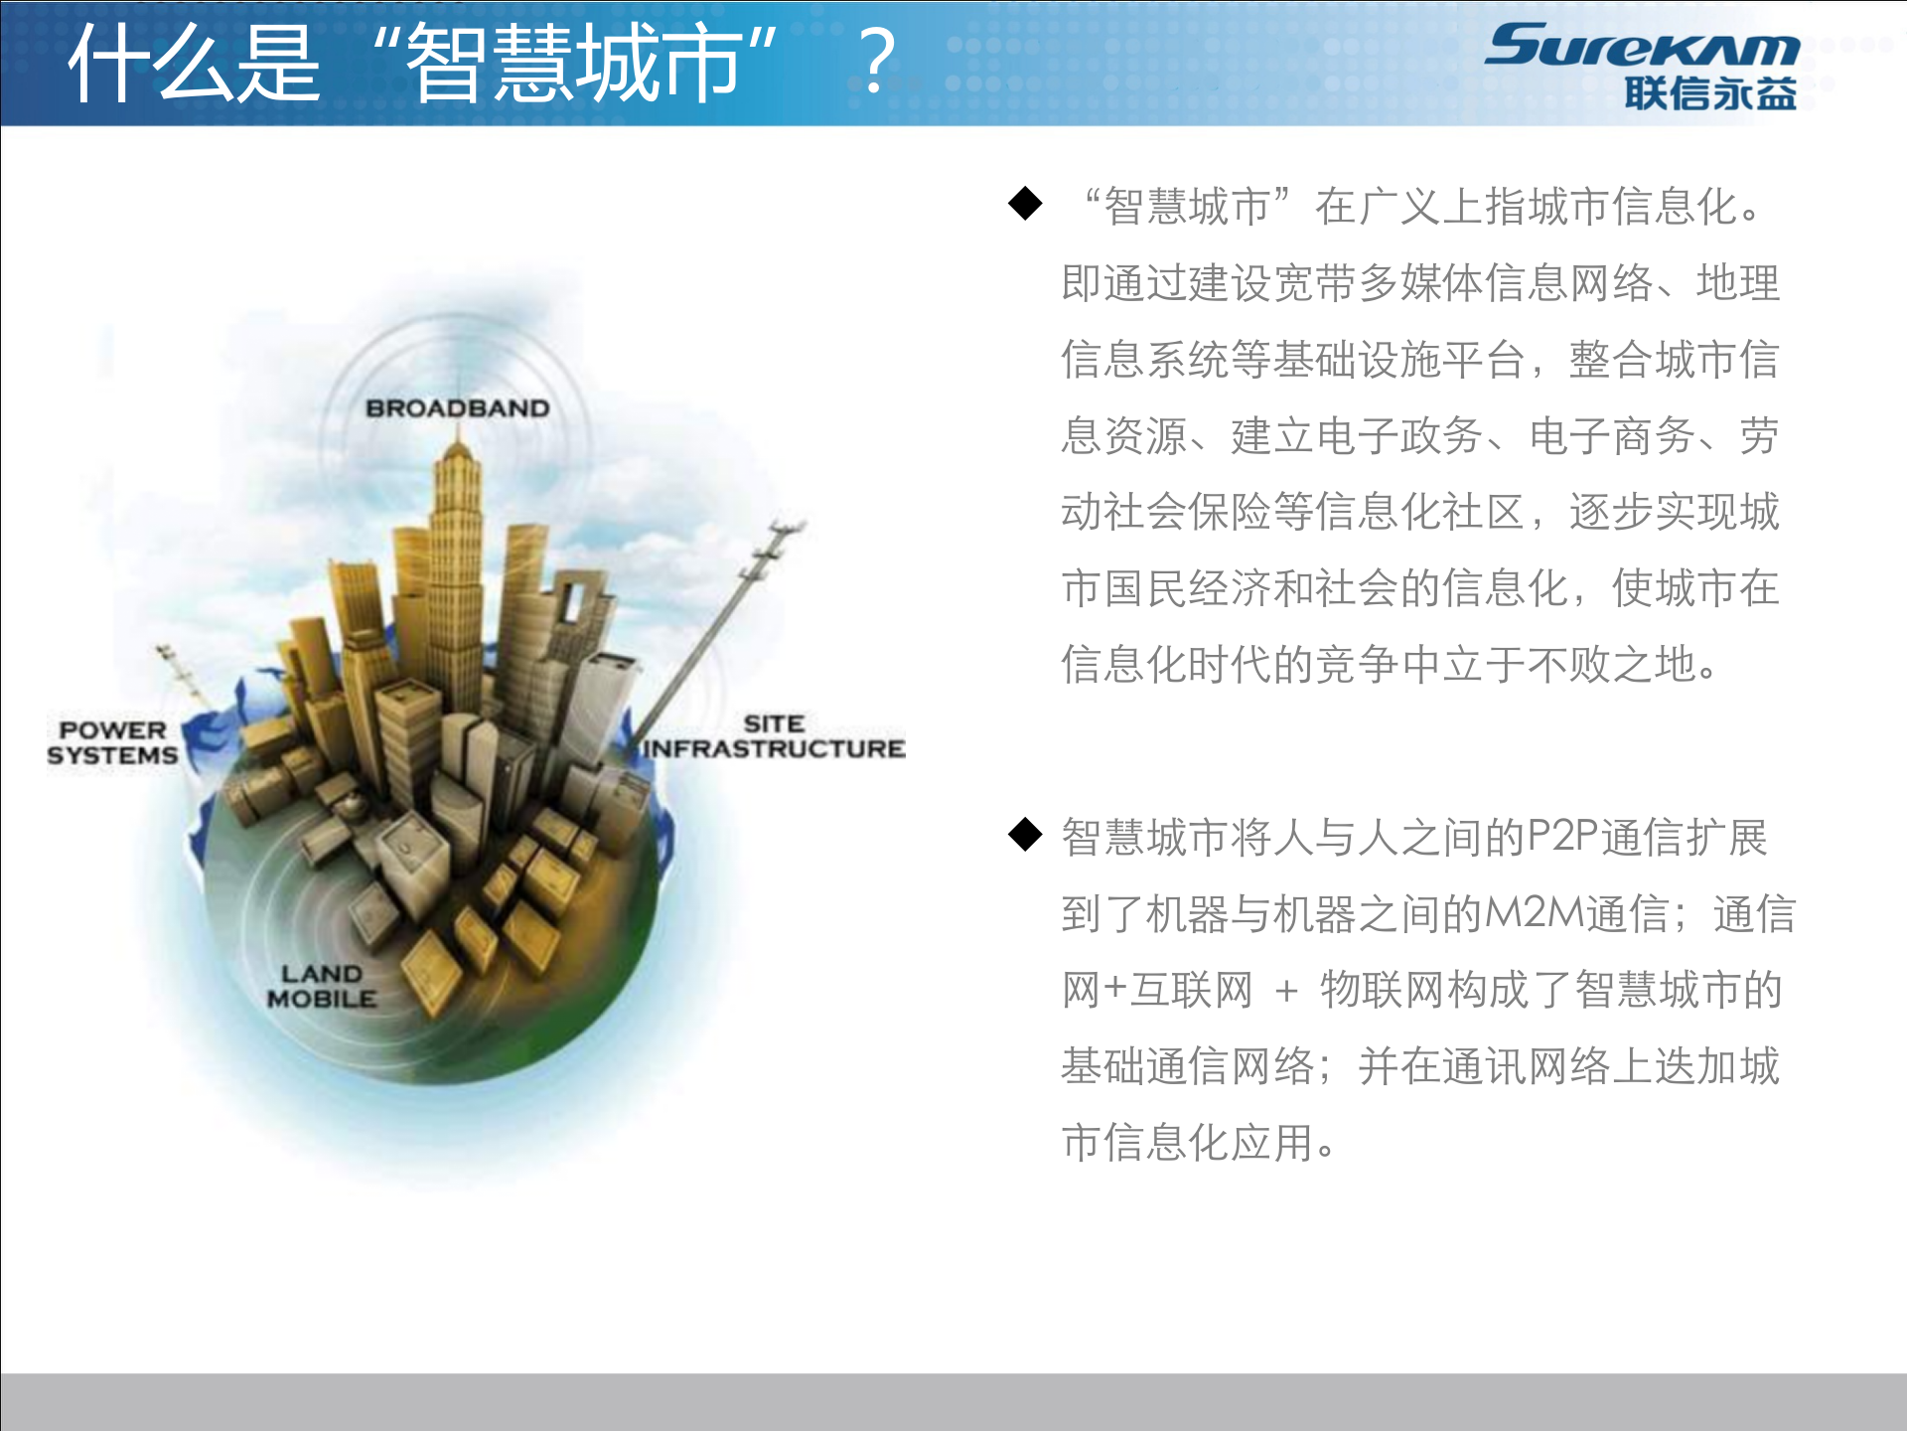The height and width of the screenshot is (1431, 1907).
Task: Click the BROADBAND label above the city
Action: click(457, 408)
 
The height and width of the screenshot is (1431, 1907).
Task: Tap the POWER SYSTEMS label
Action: click(112, 742)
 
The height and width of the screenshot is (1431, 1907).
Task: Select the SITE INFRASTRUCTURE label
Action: click(774, 736)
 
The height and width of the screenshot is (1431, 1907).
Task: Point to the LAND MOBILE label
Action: click(322, 986)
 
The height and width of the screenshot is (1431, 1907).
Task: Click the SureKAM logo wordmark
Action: click(1641, 46)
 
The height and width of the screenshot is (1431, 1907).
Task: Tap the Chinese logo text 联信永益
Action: click(1710, 93)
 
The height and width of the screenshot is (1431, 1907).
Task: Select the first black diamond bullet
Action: click(1025, 204)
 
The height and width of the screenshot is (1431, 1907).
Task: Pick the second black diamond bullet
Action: click(1025, 834)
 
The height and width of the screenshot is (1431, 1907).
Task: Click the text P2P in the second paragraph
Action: click(1562, 837)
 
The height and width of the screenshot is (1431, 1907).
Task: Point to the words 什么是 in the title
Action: click(195, 64)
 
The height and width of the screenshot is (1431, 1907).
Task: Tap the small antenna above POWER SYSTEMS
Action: click(179, 671)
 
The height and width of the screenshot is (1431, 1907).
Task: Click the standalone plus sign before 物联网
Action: click(1286, 991)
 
